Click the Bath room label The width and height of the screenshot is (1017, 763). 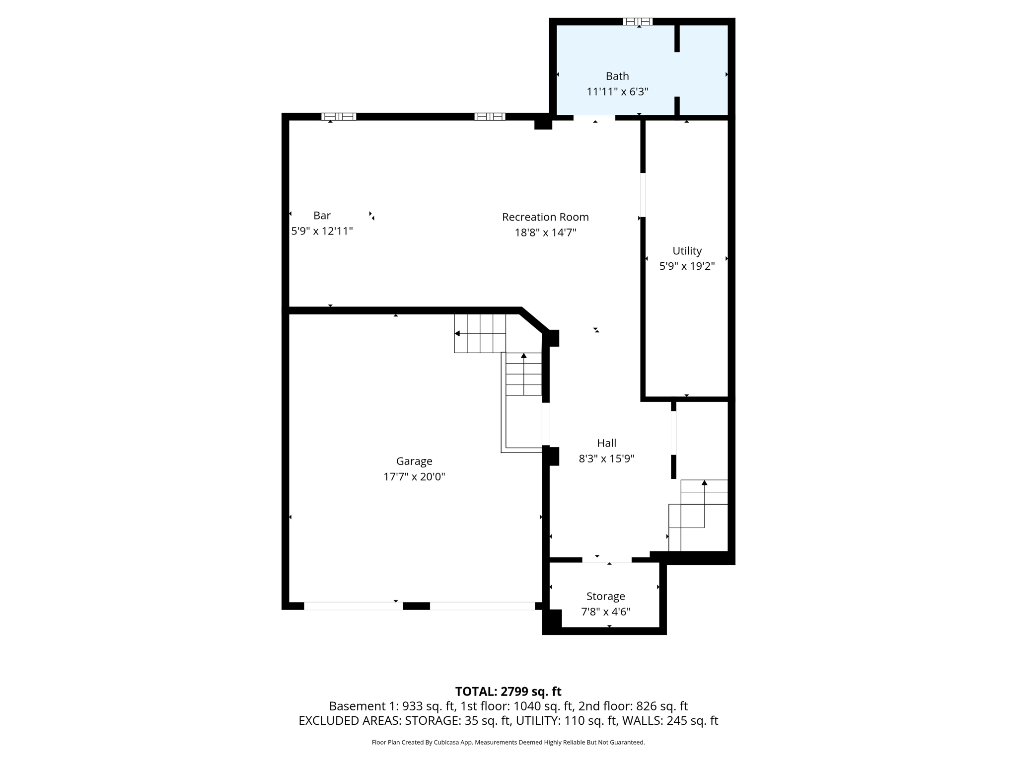617,76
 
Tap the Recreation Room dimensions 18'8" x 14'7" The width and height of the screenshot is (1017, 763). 545,232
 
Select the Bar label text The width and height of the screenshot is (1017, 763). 322,216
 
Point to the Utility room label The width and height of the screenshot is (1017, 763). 687,251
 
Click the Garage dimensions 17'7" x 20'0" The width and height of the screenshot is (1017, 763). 414,477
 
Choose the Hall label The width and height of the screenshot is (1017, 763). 606,443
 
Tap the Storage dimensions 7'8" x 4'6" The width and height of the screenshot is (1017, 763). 605,611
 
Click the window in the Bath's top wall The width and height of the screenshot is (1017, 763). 638,21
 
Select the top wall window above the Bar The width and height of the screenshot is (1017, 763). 339,117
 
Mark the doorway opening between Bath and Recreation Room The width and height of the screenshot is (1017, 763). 594,118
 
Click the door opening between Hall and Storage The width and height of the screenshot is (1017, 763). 606,560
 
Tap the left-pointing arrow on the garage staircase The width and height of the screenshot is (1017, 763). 457,333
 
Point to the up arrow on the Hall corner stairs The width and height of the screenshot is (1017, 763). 704,483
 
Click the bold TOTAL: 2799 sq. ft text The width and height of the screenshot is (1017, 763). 508,691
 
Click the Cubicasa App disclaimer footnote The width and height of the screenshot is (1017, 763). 508,742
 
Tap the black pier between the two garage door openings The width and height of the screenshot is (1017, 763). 416,606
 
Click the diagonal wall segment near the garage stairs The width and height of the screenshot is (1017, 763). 534,320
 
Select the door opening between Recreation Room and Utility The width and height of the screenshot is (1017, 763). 643,195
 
